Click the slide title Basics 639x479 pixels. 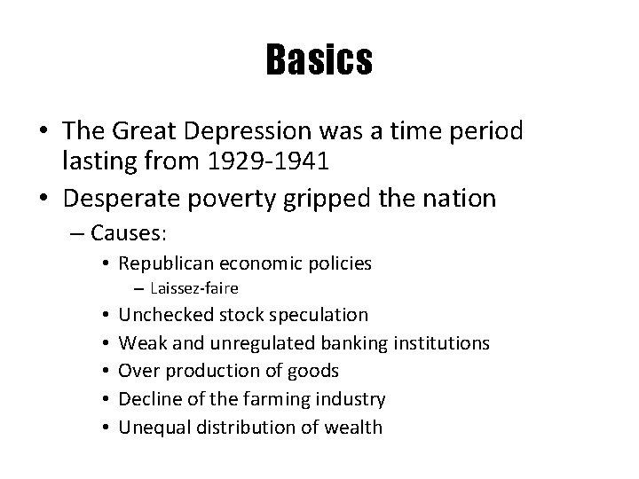[x=319, y=60]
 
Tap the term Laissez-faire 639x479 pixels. [x=194, y=287]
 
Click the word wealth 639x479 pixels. [x=351, y=428]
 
